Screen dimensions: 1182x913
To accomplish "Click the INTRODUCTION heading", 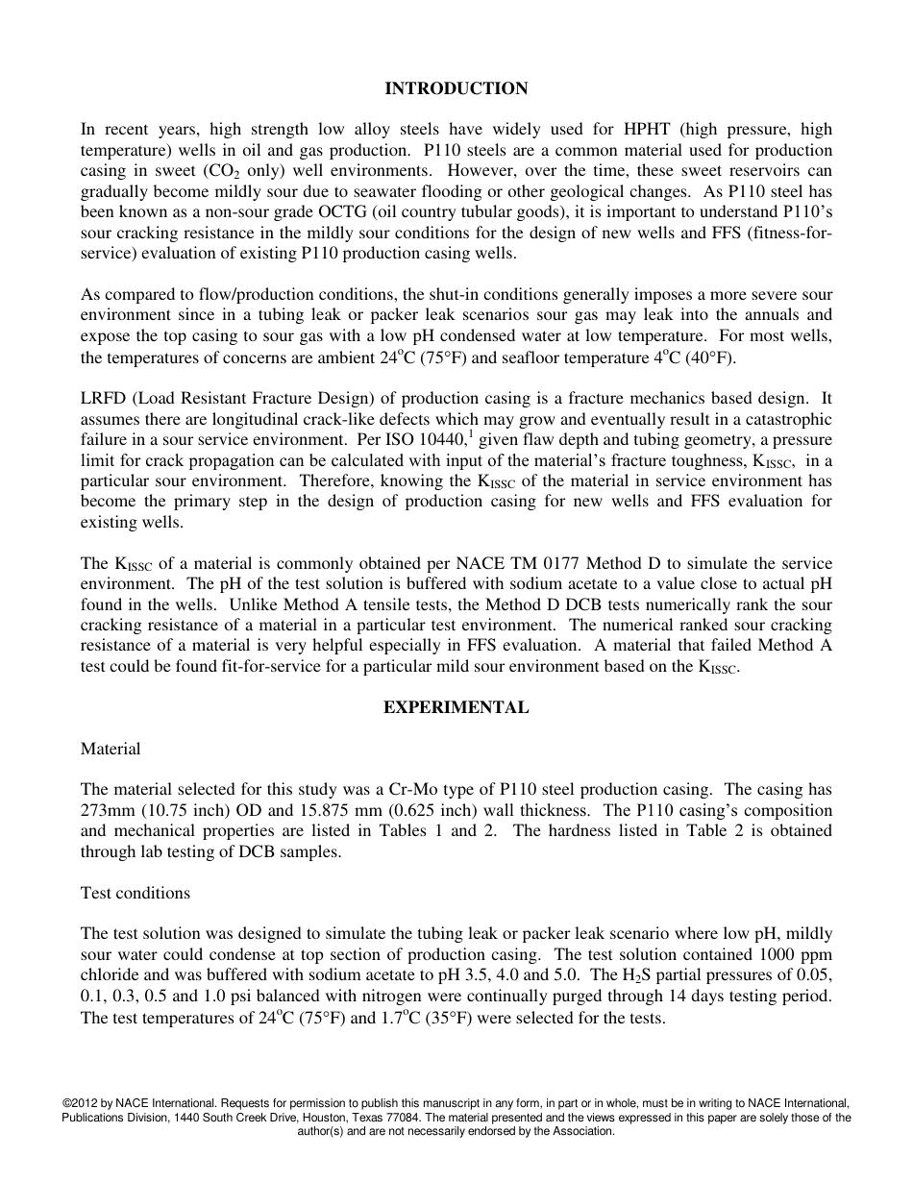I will click(456, 88).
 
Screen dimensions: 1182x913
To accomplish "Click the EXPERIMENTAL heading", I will click(456, 707).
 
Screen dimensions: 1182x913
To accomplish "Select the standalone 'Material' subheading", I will click(111, 749).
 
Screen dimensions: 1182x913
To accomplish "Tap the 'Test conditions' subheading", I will click(136, 893).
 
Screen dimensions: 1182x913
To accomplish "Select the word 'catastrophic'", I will click(787, 419).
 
